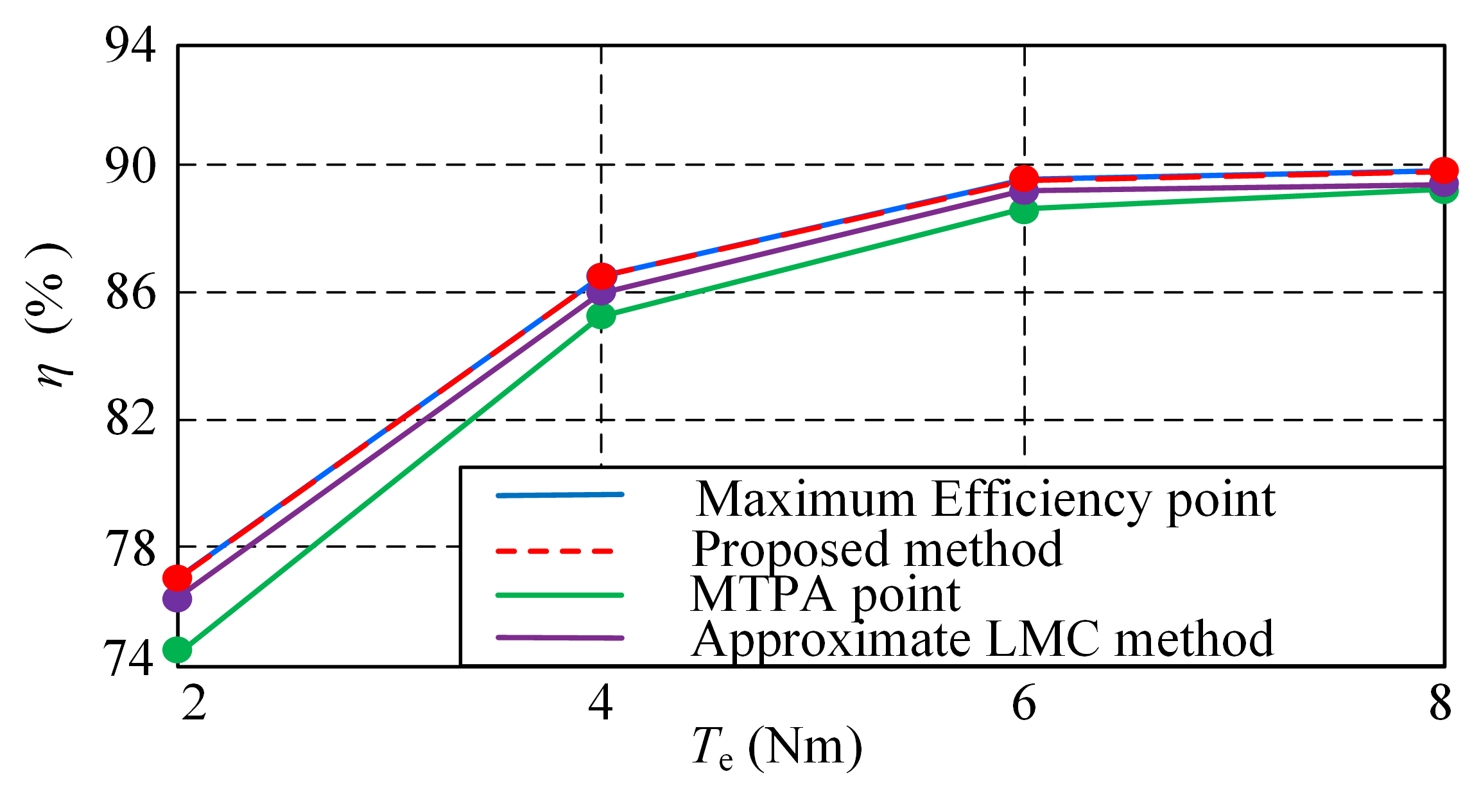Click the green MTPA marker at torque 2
pos(177,649)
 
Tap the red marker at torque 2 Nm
pos(177,577)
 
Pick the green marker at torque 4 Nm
pos(601,315)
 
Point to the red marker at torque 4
pos(602,276)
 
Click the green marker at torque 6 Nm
pos(1024,210)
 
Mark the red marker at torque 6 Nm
pos(1024,178)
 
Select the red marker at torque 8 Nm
pos(1444,170)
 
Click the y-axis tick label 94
pos(130,45)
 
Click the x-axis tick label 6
pos(1024,703)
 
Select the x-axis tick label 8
pos(1440,703)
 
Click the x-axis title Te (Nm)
pos(777,748)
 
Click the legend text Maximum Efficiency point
pos(985,500)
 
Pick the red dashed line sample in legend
pos(556,550)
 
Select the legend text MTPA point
pos(825,595)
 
